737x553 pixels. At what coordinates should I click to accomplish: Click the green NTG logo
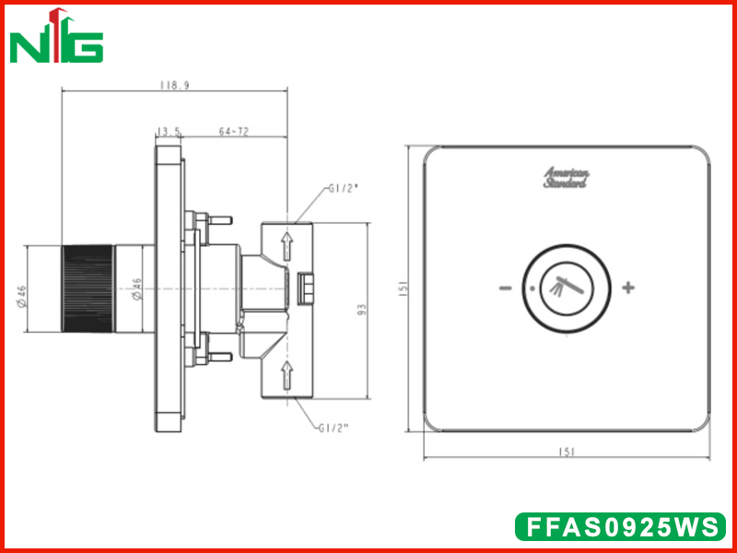56,36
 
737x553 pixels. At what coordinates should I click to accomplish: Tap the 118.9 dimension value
174,86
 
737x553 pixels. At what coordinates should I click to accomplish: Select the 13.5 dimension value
169,132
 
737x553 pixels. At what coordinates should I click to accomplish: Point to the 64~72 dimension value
234,132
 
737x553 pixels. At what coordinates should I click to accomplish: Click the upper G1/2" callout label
344,190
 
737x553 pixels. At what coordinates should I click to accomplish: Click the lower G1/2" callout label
333,428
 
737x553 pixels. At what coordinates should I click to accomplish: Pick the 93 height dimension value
361,310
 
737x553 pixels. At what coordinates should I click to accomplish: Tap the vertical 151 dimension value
404,288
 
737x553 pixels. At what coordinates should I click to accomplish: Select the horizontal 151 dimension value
567,452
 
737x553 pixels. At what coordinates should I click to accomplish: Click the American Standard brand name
566,178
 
